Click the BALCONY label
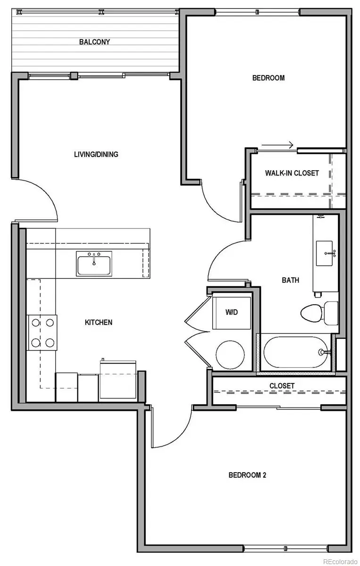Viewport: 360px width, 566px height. [94, 42]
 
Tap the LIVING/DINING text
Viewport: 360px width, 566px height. [96, 154]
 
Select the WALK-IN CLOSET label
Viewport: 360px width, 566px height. [291, 173]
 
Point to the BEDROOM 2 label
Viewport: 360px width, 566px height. [247, 475]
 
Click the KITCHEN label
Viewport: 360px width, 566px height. [98, 323]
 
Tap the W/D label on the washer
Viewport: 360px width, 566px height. [231, 312]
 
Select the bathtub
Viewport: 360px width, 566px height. [295, 352]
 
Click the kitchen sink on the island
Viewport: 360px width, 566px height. [94, 264]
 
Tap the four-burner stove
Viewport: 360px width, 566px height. [42, 333]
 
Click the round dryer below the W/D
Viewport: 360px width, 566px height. [230, 354]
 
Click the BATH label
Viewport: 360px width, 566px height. [290, 280]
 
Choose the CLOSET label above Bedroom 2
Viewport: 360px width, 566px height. [282, 386]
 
